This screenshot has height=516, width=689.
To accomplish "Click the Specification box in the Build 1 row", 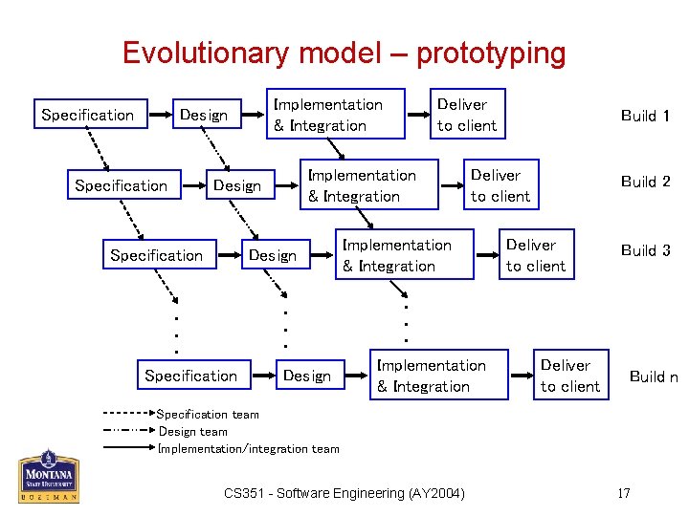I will [x=88, y=115].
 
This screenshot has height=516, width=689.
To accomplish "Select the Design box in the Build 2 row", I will [x=237, y=185].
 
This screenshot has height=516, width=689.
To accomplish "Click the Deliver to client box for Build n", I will [x=570, y=376].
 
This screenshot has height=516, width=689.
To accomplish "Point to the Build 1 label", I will [x=645, y=116].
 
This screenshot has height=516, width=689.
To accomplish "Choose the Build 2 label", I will [x=645, y=182].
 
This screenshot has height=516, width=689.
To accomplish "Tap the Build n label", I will [x=653, y=376].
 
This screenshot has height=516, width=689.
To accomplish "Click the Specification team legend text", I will [x=208, y=415].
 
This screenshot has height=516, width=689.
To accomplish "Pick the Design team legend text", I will [x=193, y=431].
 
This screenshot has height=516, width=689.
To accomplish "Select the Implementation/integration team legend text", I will [x=249, y=448].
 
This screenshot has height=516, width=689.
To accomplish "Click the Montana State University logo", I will [x=48, y=476].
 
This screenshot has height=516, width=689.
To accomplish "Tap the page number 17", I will [x=624, y=493].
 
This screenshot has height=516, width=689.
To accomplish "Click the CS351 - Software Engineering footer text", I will [x=344, y=493].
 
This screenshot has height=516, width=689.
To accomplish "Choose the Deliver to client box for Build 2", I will [x=500, y=185].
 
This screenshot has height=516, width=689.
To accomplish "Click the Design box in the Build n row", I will [x=306, y=376].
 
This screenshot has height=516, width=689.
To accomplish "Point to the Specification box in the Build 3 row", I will [x=157, y=255].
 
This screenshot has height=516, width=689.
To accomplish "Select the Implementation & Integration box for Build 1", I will [x=328, y=115].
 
